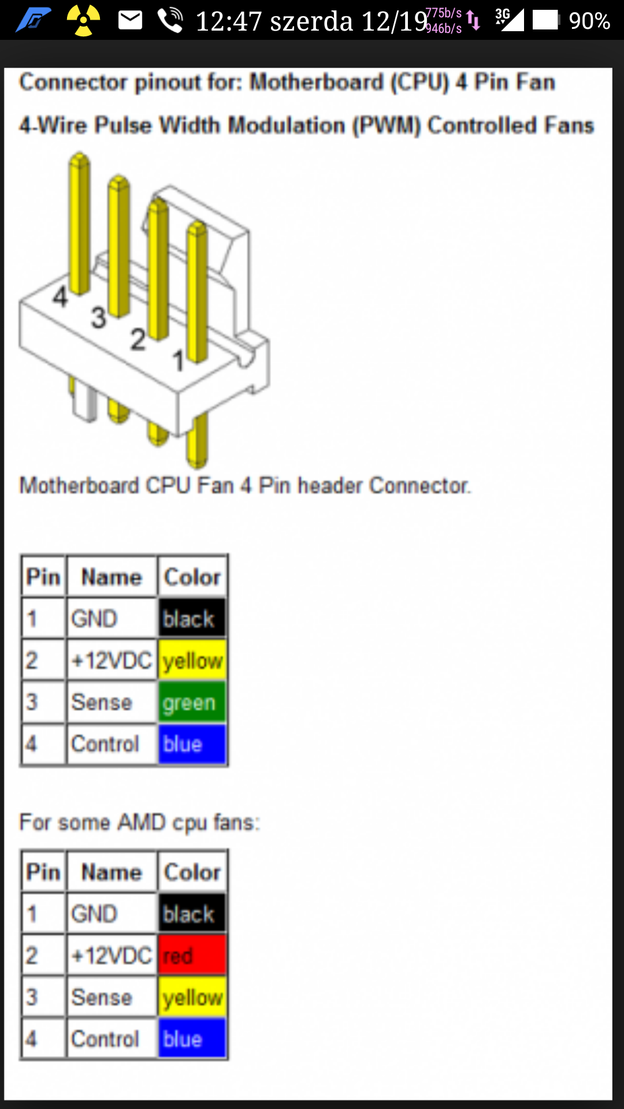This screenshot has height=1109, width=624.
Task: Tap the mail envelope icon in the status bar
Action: [x=130, y=21]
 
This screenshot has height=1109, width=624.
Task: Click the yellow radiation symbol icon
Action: [x=84, y=21]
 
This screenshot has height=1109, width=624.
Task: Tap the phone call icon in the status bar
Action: [x=170, y=21]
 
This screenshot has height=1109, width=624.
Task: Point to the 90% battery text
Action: [x=589, y=21]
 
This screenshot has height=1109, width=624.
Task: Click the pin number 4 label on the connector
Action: [x=60, y=297]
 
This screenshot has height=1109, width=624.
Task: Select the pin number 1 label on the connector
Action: [x=179, y=361]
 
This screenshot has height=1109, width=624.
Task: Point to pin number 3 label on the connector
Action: [x=99, y=318]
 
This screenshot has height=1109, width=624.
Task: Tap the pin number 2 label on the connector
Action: [x=138, y=339]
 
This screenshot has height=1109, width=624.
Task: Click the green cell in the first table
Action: [x=192, y=702]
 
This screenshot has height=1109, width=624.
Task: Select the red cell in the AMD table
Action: [x=192, y=956]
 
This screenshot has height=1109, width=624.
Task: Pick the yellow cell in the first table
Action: [x=192, y=660]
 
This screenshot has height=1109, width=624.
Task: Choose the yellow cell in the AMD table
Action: [x=192, y=998]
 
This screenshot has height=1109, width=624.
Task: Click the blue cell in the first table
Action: [x=192, y=744]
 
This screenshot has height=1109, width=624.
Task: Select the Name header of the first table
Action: [x=112, y=577]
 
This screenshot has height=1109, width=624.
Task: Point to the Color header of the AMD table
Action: [x=192, y=872]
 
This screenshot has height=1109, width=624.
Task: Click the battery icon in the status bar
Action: [x=546, y=21]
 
